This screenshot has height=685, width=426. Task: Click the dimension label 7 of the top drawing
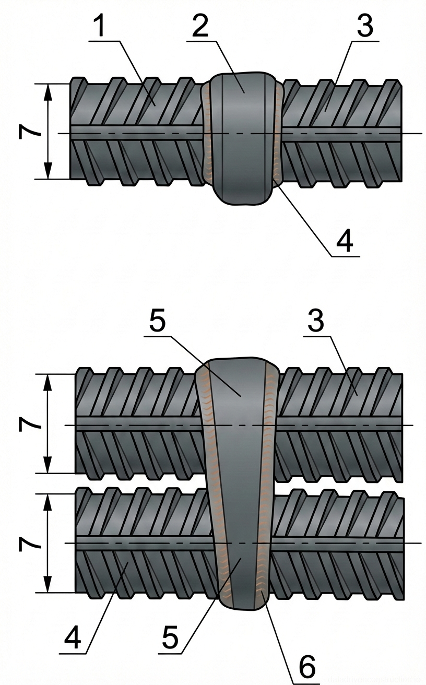(x=29, y=131)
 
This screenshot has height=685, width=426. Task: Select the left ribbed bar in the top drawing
(x=136, y=131)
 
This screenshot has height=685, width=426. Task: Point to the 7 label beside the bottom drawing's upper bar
(x=29, y=423)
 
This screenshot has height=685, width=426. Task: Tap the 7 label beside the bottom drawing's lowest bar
(x=29, y=543)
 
